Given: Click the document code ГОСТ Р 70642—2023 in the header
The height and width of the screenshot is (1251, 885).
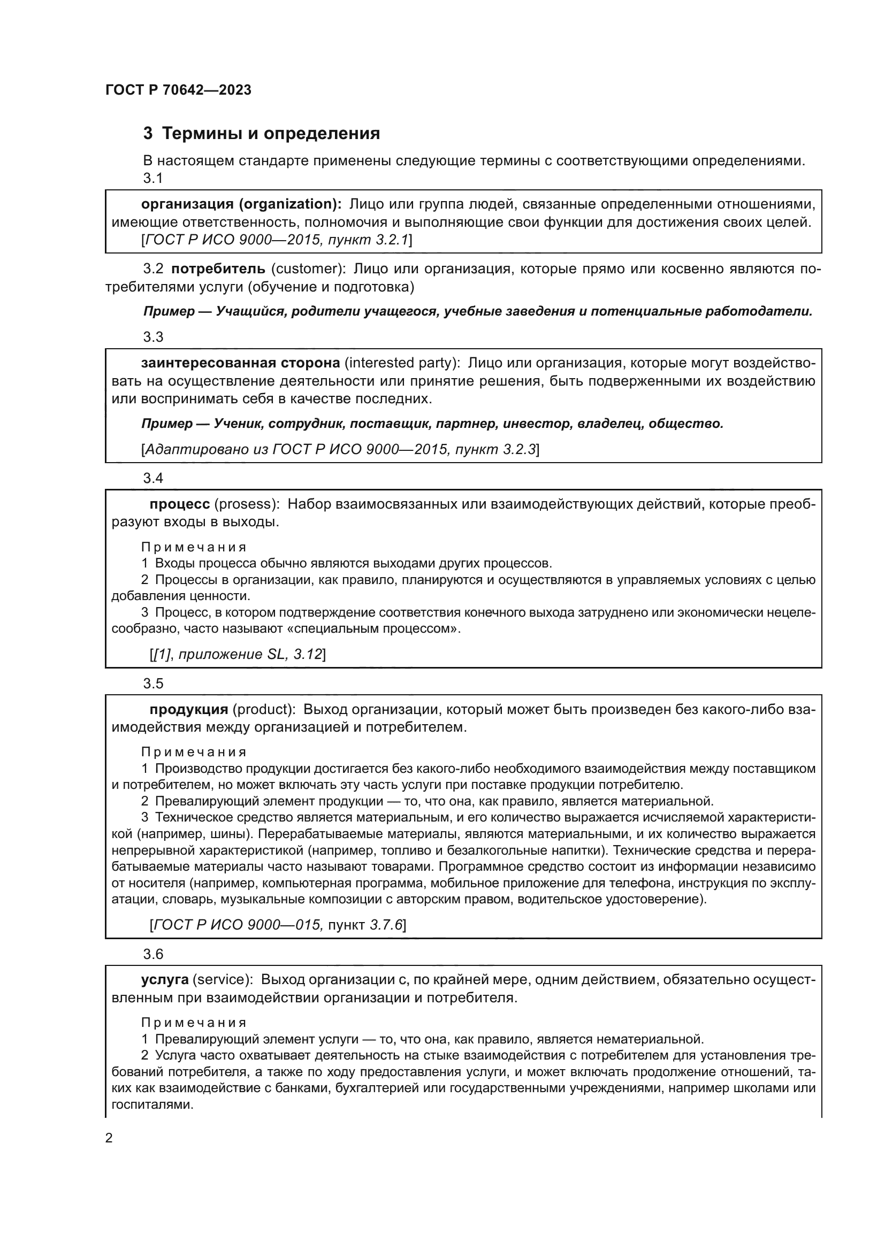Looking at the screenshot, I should pyautogui.click(x=178, y=90).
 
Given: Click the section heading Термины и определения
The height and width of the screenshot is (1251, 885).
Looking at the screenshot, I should pyautogui.click(x=271, y=134).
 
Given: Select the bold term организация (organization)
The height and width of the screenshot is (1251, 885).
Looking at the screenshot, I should pyautogui.click(x=241, y=204).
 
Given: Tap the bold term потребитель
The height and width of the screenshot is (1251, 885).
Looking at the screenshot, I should pyautogui.click(x=218, y=268).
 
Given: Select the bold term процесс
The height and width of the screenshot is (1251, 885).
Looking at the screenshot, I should pyautogui.click(x=180, y=504).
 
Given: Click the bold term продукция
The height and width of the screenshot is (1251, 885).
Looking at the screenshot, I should pyautogui.click(x=188, y=709).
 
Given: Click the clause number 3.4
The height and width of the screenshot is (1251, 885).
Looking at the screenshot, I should pyautogui.click(x=153, y=478).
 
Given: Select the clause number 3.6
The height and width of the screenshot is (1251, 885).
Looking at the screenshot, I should pyautogui.click(x=153, y=954).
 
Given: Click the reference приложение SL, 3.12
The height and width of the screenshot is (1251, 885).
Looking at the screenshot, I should pyautogui.click(x=250, y=654).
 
